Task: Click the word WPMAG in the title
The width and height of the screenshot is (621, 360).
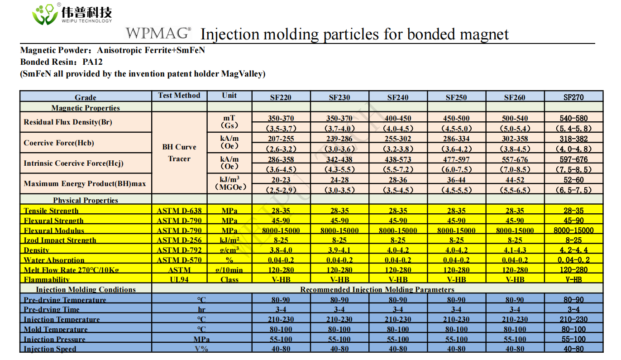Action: [158, 34]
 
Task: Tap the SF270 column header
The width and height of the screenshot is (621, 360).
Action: [573, 97]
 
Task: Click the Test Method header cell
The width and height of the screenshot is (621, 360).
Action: [179, 96]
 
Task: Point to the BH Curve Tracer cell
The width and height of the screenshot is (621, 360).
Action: [179, 153]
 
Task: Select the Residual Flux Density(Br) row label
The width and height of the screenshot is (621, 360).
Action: [68, 122]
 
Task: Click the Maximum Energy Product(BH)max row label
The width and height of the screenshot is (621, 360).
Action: [85, 184]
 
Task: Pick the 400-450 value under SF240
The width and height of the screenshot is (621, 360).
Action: [398, 119]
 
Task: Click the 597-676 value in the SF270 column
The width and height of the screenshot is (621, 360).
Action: [573, 159]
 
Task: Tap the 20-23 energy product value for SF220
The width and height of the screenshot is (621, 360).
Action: [281, 180]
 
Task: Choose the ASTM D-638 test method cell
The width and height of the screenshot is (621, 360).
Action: [179, 211]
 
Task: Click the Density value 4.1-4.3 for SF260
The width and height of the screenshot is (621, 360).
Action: [515, 250]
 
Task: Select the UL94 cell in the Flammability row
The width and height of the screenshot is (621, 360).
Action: [179, 280]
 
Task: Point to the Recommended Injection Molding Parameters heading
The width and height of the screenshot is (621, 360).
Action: [377, 289]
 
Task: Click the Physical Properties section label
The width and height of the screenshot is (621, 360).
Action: [86, 200]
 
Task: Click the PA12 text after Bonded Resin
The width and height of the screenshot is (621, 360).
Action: [93, 62]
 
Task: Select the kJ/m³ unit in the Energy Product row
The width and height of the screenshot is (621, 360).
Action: [229, 179]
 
